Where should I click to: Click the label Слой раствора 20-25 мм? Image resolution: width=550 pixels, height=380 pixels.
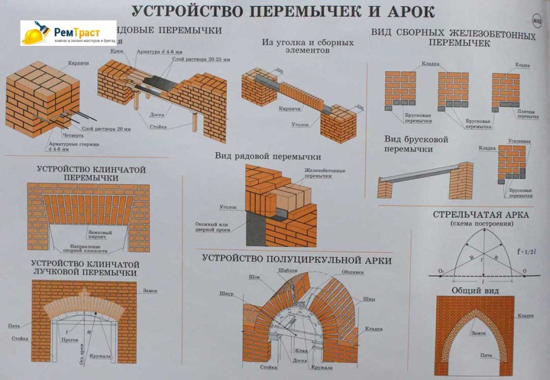(x=202, y=59)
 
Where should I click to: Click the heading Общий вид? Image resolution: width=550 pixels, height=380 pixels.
(x=473, y=290)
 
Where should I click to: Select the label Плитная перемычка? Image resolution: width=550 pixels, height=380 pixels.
(x=525, y=114)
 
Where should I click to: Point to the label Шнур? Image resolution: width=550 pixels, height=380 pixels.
(x=227, y=294)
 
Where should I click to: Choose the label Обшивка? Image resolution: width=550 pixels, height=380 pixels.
(x=352, y=272)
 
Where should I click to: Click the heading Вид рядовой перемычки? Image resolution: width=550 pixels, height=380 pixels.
(x=267, y=156)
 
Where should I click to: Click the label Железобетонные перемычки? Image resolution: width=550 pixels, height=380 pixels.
(x=325, y=173)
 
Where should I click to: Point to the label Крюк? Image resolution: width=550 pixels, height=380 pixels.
(x=117, y=52)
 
